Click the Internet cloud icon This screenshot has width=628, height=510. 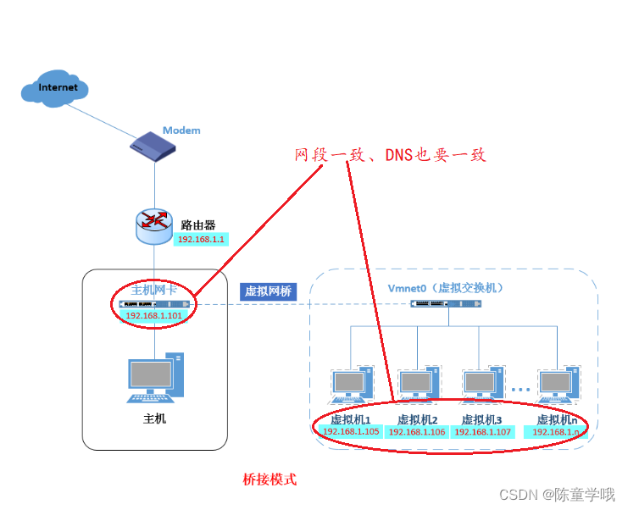click(56, 88)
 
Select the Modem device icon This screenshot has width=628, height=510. click(153, 147)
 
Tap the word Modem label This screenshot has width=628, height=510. click(181, 130)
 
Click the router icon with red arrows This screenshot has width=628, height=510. click(153, 222)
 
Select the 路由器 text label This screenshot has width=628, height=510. click(197, 225)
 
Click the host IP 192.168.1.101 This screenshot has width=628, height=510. click(154, 315)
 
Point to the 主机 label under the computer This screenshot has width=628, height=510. click(154, 418)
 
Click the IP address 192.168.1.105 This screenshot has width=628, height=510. click(350, 431)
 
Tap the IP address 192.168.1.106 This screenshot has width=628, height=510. click(416, 432)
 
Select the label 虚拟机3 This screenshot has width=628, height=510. click(481, 419)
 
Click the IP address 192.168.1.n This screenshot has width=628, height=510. click(556, 432)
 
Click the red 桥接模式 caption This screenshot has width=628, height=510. click(270, 480)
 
